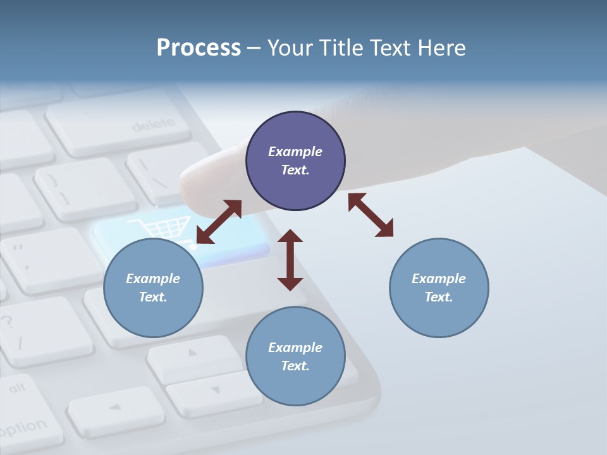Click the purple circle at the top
[295, 161]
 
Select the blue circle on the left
[153, 288]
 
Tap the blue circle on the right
[439, 288]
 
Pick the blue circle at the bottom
[295, 356]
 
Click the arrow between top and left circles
[219, 222]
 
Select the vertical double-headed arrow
[290, 260]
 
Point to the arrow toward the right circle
[371, 215]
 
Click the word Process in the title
[199, 47]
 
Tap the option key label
[25, 428]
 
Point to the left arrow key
[115, 408]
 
